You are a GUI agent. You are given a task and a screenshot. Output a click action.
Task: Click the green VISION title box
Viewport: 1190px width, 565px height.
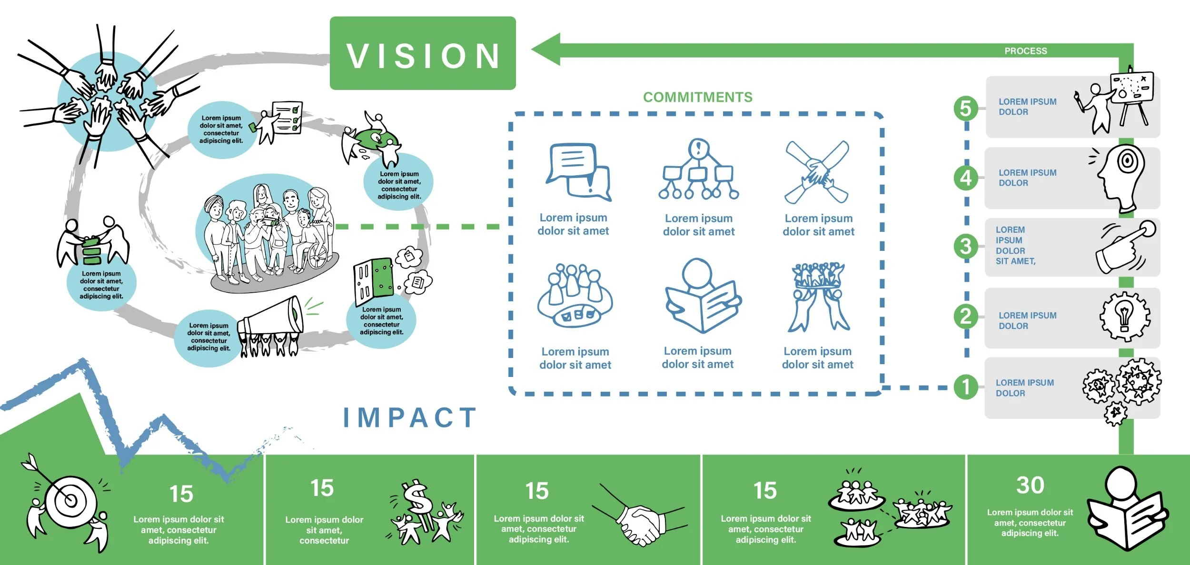pyautogui.click(x=423, y=53)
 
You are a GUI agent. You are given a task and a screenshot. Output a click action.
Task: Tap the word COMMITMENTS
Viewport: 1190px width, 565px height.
pyautogui.click(x=697, y=97)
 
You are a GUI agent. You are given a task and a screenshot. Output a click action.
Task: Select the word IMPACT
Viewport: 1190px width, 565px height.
pyautogui.click(x=409, y=417)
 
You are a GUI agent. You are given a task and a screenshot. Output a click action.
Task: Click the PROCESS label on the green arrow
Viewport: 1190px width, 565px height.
pyautogui.click(x=1025, y=51)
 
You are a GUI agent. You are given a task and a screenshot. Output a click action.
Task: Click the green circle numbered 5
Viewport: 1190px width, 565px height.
pyautogui.click(x=965, y=109)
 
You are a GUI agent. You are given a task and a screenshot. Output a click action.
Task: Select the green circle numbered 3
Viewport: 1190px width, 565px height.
pyautogui.click(x=965, y=247)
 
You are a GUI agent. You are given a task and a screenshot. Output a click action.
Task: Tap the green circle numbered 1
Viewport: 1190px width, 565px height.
pyautogui.click(x=965, y=387)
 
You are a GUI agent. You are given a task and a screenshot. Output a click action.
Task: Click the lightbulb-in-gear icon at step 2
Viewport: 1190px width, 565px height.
pyautogui.click(x=1124, y=317)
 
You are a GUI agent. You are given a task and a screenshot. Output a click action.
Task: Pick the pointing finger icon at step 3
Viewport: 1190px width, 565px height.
pyautogui.click(x=1126, y=248)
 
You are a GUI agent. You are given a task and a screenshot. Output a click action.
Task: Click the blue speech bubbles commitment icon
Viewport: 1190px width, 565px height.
pyautogui.click(x=578, y=172)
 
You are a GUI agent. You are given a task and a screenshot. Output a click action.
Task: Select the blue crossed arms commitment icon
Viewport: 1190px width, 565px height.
pyautogui.click(x=816, y=172)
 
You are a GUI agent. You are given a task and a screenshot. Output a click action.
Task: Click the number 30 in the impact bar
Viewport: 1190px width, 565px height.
pyautogui.click(x=1030, y=486)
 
